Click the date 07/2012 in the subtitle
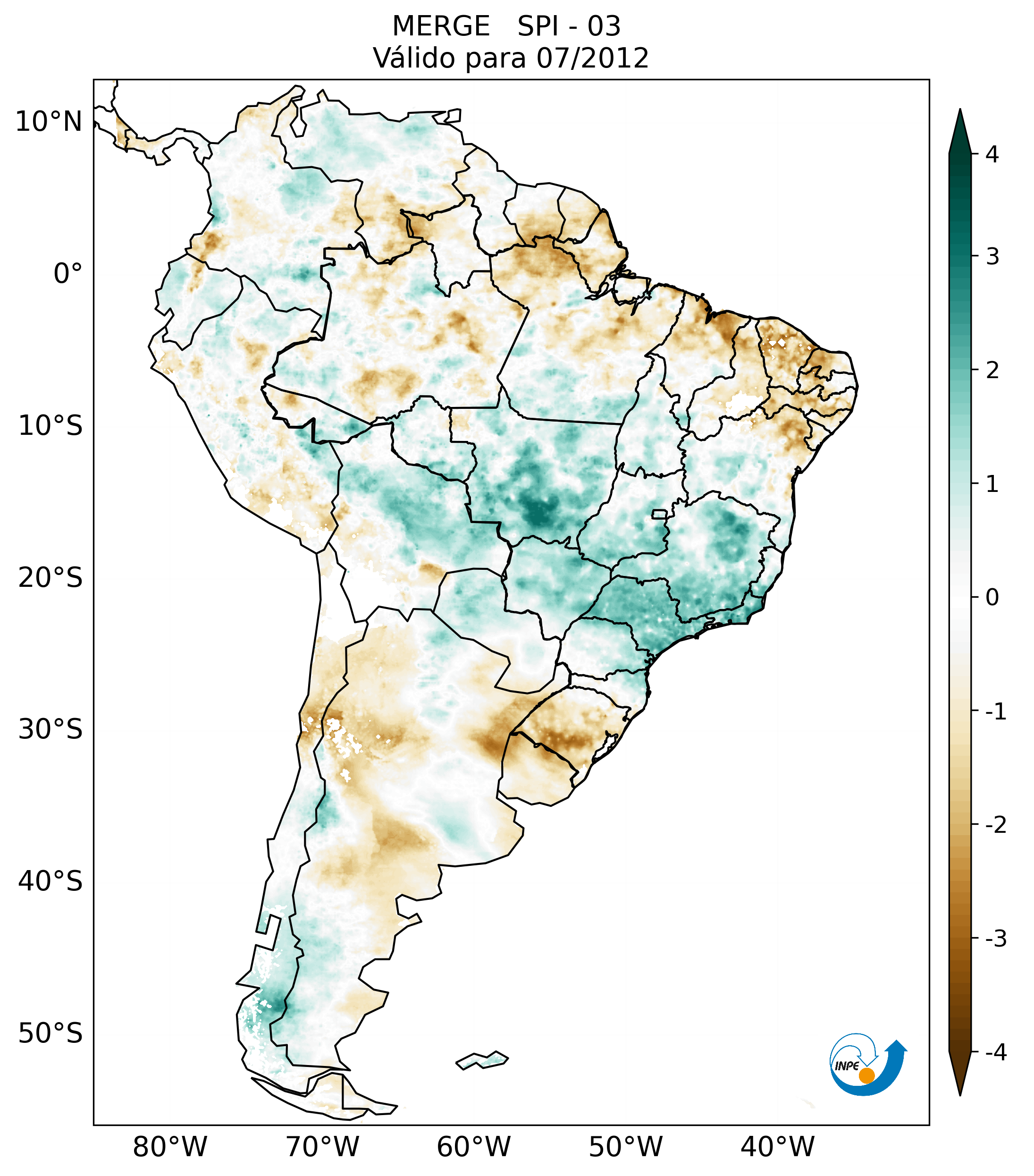(x=592, y=58)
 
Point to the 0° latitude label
(x=68, y=274)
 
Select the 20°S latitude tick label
(x=50, y=578)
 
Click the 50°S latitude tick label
(x=50, y=1034)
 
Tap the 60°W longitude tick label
(x=473, y=1147)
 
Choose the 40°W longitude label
(x=778, y=1147)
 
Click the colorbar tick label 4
(x=992, y=154)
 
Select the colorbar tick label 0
(x=992, y=598)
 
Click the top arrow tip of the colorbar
(x=959, y=111)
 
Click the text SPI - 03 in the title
(x=569, y=26)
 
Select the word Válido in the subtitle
(x=414, y=58)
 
